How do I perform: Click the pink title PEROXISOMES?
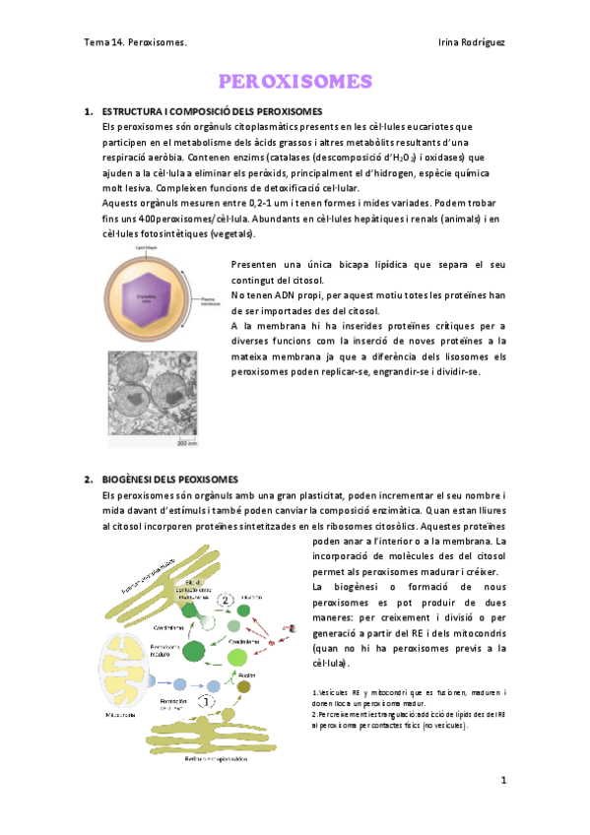click(295, 81)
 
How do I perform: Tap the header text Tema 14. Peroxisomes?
click(135, 43)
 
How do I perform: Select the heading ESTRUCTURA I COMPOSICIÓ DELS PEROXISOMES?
click(219, 111)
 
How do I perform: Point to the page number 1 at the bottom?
click(502, 781)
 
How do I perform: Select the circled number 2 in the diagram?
click(226, 598)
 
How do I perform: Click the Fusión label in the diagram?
click(246, 665)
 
